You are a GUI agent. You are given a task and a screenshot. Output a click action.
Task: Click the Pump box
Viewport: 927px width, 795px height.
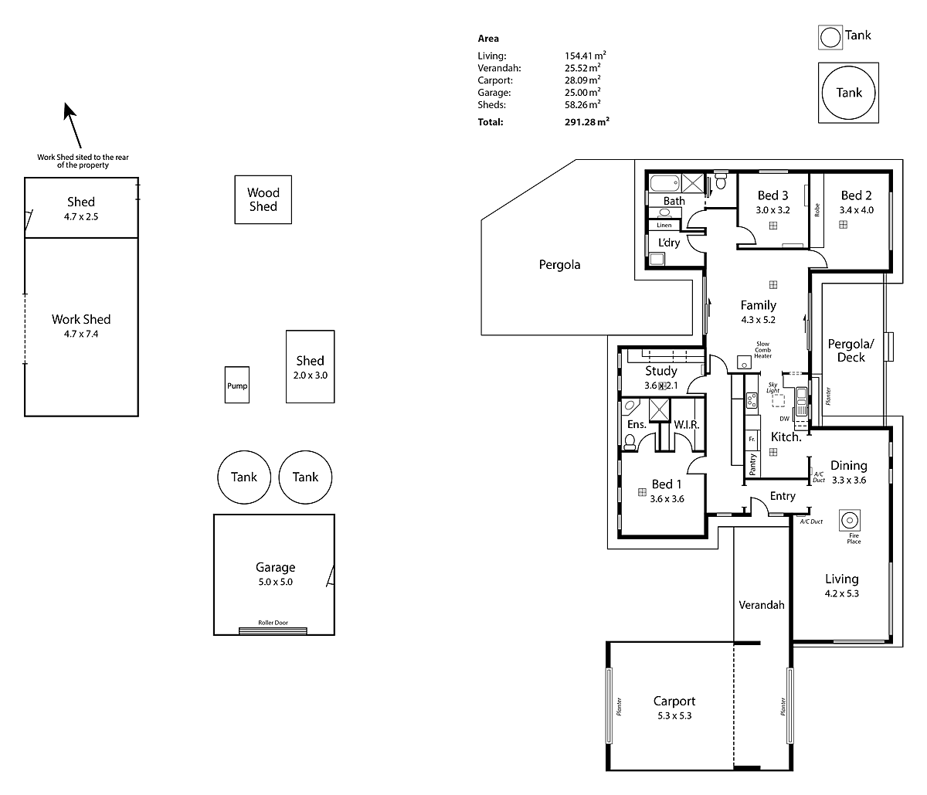click(237, 385)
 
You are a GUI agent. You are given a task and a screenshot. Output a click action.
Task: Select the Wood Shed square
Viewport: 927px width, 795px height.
click(263, 200)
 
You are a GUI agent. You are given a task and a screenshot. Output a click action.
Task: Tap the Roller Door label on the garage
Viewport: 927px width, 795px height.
click(274, 623)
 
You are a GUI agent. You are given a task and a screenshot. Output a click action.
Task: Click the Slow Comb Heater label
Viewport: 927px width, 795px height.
click(762, 349)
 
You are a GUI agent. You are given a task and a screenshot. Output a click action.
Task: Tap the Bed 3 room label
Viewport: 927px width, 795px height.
click(772, 195)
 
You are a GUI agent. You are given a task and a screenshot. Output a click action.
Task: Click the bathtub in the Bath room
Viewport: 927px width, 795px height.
click(664, 184)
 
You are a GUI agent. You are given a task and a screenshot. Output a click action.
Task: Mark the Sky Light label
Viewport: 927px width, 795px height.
click(772, 387)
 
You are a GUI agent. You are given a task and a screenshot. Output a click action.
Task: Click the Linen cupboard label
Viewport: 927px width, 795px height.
click(664, 226)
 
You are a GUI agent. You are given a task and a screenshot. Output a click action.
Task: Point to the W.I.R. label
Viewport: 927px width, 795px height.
click(686, 425)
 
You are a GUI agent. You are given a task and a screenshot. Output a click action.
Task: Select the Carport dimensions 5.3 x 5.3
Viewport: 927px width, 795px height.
click(674, 716)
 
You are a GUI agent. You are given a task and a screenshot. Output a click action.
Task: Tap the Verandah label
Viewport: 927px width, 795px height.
click(761, 605)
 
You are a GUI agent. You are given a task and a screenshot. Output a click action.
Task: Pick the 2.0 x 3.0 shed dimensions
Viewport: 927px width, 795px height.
click(310, 375)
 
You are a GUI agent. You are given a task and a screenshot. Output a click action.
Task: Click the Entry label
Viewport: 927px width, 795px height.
click(782, 496)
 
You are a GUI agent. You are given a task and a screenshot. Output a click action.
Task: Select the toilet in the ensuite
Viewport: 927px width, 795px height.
click(630, 441)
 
